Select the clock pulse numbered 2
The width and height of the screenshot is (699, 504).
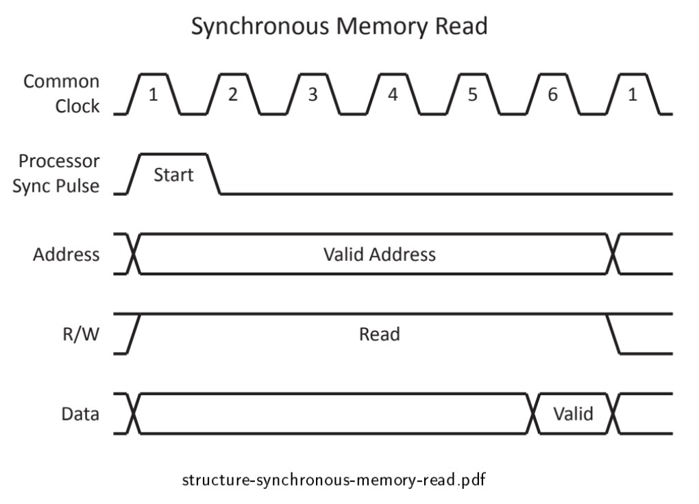click(233, 94)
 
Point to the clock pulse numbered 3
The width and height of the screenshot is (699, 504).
click(312, 94)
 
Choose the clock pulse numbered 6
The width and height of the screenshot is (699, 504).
click(552, 94)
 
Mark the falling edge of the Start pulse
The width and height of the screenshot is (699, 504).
click(214, 175)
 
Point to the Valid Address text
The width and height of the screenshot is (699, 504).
click(379, 255)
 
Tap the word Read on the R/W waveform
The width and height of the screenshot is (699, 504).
click(379, 335)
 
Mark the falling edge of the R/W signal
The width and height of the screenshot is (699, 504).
click(614, 334)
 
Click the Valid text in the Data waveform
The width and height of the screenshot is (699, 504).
click(573, 414)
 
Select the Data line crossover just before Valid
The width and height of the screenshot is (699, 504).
click(533, 414)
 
